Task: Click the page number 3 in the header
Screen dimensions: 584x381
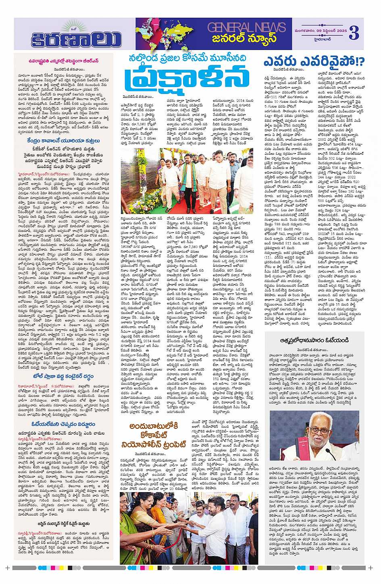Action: pyautogui.click(x=354, y=32)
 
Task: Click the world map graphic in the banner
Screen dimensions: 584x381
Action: pyautogui.click(x=169, y=33)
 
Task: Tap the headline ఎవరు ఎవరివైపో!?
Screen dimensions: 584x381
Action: pyautogui.click(x=314, y=62)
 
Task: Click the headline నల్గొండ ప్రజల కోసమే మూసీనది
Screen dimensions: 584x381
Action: pyautogui.click(x=187, y=58)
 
